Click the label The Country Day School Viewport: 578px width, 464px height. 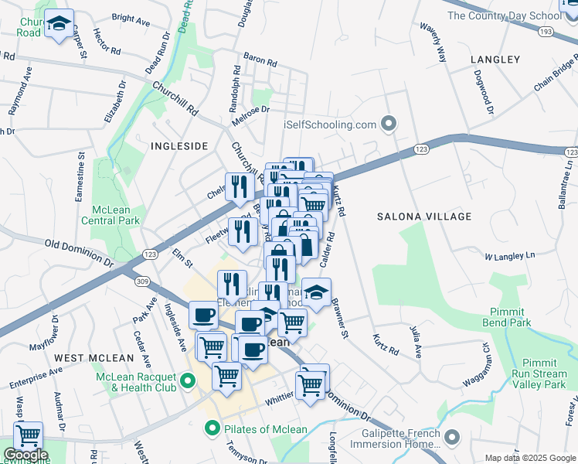[x=503, y=15]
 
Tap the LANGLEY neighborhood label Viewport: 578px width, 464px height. [x=495, y=60]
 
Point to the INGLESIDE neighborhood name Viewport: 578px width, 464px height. [x=179, y=145]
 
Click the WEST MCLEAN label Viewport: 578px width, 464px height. [x=85, y=357]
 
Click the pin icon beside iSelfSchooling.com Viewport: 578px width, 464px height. [x=389, y=124]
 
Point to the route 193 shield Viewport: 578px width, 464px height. [x=546, y=32]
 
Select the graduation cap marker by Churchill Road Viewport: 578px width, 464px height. [x=58, y=25]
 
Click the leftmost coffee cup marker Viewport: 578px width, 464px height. [x=203, y=315]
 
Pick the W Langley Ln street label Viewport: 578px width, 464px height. [x=509, y=256]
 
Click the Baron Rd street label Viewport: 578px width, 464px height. [x=260, y=59]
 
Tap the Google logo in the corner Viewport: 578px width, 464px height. [x=25, y=455]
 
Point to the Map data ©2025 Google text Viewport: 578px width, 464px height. [x=529, y=458]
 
